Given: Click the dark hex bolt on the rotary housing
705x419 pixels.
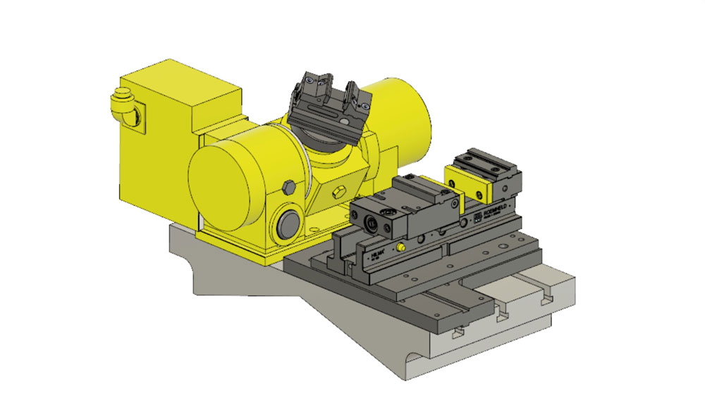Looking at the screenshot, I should click(x=288, y=187).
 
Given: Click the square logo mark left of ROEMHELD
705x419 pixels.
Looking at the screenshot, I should click(x=477, y=214).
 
